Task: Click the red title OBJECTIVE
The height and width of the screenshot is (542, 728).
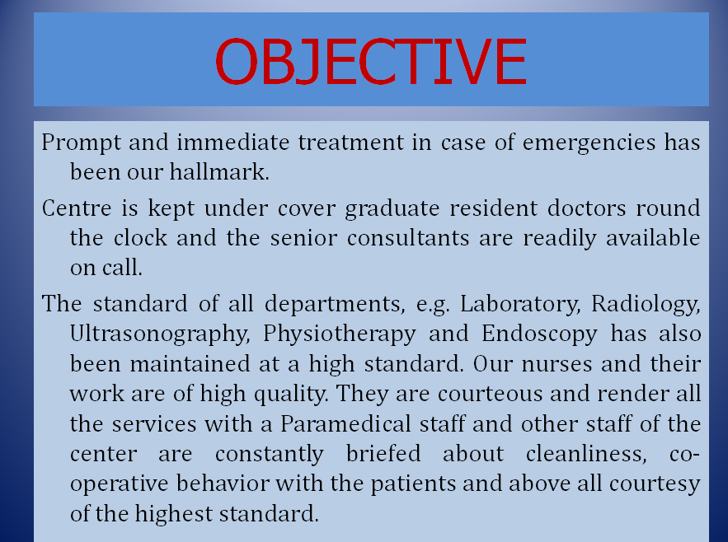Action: click(371, 61)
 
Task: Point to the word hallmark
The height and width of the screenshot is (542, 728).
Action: click(219, 171)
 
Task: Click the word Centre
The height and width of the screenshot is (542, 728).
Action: click(77, 208)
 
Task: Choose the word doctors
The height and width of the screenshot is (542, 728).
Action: click(587, 208)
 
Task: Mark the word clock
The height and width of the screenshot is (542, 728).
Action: click(140, 237)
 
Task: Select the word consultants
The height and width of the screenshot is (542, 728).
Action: click(408, 238)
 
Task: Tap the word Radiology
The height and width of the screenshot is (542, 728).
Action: click(646, 305)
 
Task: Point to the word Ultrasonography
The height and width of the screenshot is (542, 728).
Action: click(160, 334)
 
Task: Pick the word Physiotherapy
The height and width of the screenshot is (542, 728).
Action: click(340, 334)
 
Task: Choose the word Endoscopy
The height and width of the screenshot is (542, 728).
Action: click(539, 334)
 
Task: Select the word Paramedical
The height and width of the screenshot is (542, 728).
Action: click(346, 423)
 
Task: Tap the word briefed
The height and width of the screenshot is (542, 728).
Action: click(383, 453)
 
